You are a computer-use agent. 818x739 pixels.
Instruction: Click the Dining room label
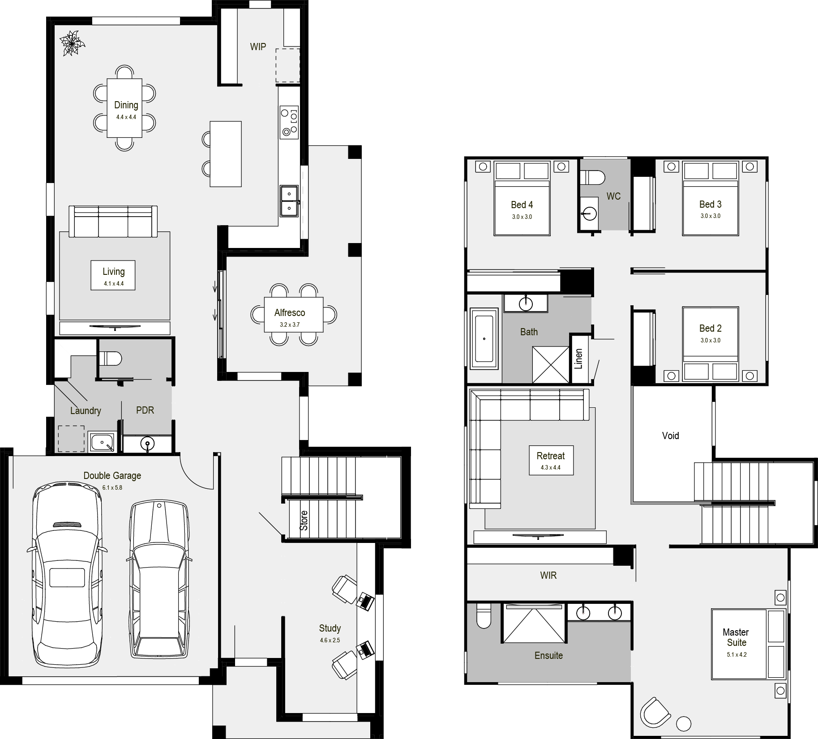pos(126,105)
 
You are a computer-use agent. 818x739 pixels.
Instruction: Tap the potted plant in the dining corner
pos(72,43)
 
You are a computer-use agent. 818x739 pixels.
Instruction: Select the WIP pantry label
pos(258,47)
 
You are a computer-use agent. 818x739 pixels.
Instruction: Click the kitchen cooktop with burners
pos(289,122)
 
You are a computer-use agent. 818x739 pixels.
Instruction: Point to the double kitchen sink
pos(289,201)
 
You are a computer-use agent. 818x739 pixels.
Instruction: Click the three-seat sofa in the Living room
pos(113,221)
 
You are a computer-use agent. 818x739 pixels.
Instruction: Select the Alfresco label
pos(290,313)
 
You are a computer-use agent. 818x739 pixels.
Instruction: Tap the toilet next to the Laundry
pos(110,358)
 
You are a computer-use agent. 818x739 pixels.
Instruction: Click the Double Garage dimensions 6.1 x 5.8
pos(112,487)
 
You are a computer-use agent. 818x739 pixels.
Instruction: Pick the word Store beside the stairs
pos(304,521)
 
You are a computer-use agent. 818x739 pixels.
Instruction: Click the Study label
pos(330,628)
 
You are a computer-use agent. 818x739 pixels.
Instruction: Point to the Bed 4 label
pos(522,205)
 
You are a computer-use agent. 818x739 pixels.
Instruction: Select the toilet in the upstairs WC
pos(592,178)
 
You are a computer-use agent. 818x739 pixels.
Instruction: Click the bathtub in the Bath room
pos(484,339)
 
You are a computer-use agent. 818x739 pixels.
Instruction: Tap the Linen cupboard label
pos(578,359)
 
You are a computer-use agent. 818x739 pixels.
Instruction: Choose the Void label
pos(670,436)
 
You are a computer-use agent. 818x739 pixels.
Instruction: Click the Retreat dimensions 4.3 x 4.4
pos(551,468)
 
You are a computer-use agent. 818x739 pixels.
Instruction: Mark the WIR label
pos(548,576)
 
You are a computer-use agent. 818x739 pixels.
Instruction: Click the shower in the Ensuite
pos(533,623)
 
